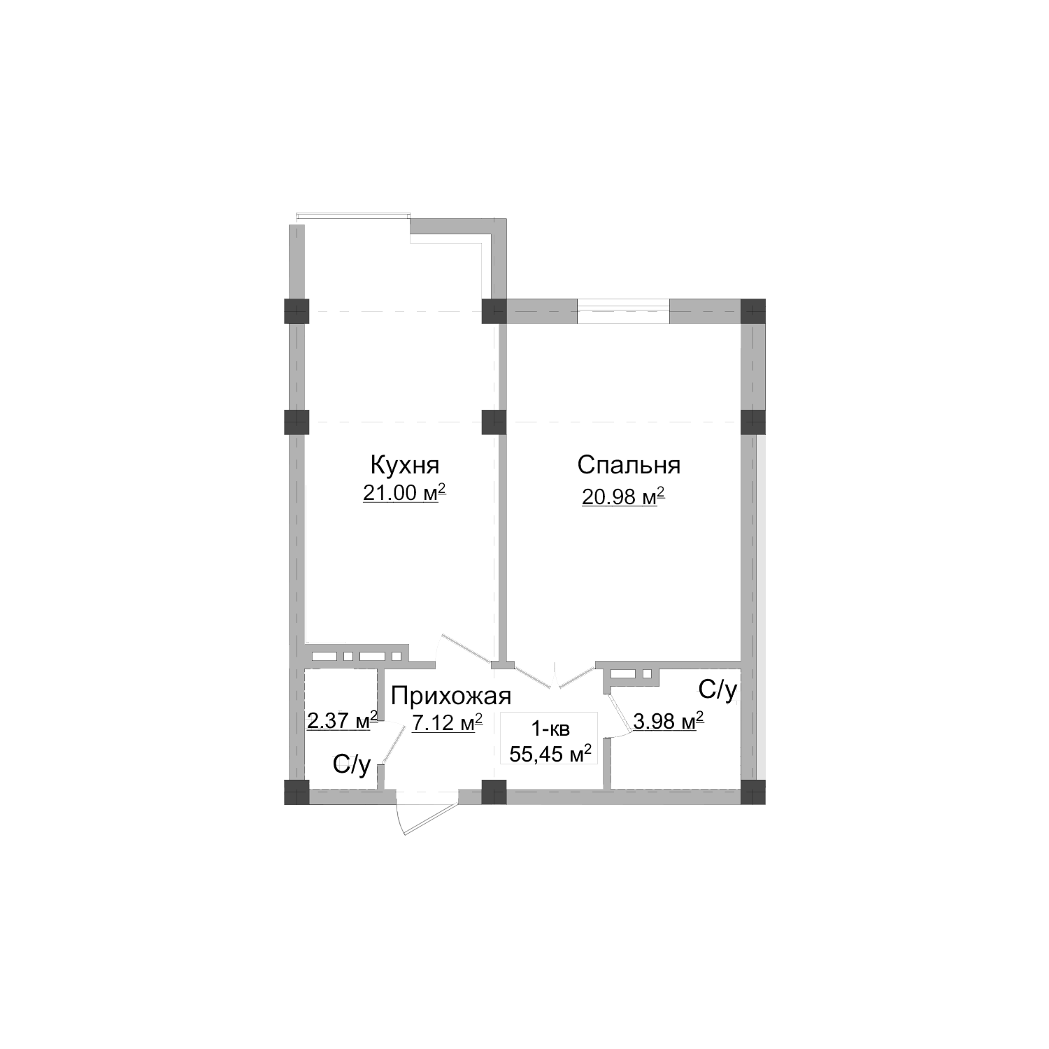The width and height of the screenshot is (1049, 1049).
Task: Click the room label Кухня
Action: pyautogui.click(x=404, y=465)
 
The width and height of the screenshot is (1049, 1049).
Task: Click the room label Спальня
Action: pyautogui.click(x=629, y=465)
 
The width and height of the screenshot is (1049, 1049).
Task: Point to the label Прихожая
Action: pyautogui.click(x=451, y=696)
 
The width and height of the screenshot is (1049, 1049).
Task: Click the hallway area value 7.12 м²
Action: pyautogui.click(x=447, y=722)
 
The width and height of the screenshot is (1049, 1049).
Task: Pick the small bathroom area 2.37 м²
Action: pyautogui.click(x=342, y=720)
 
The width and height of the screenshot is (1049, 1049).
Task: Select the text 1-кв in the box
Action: pyautogui.click(x=550, y=729)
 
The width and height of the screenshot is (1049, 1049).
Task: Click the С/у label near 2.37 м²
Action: pyautogui.click(x=352, y=765)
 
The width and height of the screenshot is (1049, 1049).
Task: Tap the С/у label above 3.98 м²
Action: pyautogui.click(x=718, y=690)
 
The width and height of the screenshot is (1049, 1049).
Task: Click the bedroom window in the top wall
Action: pyautogui.click(x=623, y=311)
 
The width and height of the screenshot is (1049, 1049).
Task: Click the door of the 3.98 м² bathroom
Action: pyautogui.click(x=619, y=713)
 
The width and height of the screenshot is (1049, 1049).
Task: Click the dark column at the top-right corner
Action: pyautogui.click(x=753, y=311)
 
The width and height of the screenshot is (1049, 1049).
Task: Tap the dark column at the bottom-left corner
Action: pyautogui.click(x=297, y=792)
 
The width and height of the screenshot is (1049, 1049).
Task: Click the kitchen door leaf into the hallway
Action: pyautogui.click(x=464, y=648)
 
